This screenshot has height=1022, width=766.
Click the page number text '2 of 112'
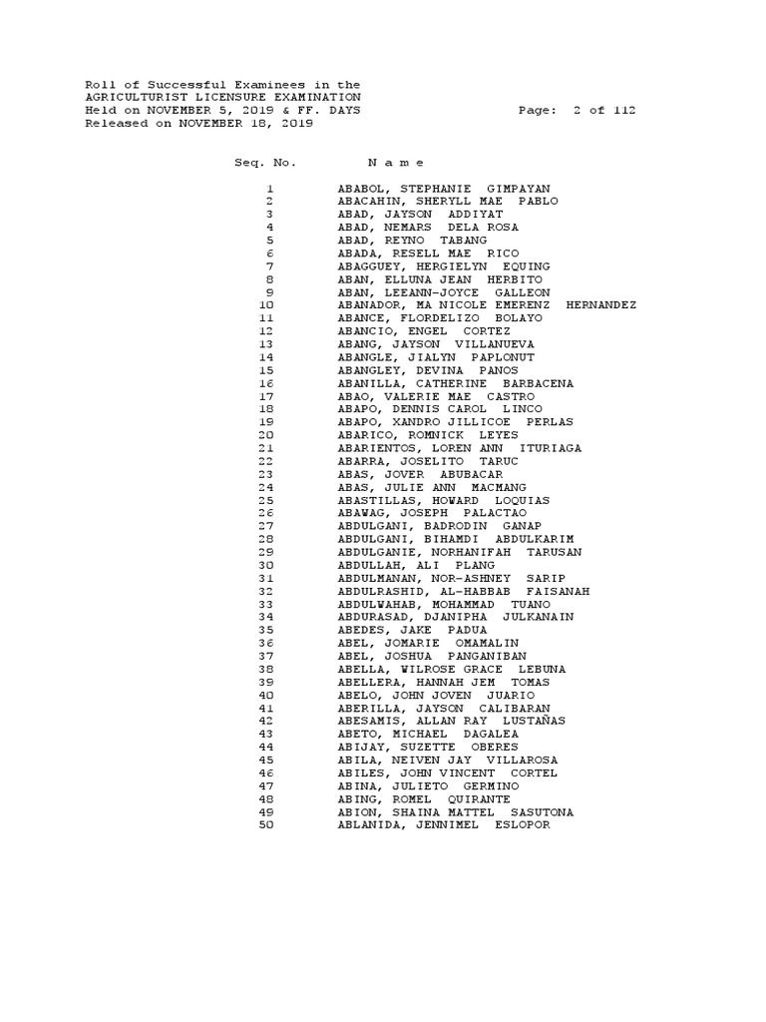604,111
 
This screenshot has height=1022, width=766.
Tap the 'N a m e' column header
396,163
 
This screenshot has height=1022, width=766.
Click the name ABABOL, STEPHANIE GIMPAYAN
444,189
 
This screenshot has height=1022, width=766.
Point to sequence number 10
265,305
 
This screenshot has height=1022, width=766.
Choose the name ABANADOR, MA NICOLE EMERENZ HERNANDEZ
487,305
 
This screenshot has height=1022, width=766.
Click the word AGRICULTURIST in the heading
135,98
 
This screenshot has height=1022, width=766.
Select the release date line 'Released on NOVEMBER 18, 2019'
199,124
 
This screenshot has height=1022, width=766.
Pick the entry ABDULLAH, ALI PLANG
416,565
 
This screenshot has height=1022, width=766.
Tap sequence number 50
265,824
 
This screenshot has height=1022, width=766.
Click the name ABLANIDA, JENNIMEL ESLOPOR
444,824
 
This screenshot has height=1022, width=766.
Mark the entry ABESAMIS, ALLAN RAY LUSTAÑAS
452,721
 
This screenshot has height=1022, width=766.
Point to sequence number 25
265,500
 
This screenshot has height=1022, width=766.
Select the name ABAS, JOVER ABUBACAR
420,474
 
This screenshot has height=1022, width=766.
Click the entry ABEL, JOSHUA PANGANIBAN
436,656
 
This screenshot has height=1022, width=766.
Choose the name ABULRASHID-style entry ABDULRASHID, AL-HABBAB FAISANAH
464,591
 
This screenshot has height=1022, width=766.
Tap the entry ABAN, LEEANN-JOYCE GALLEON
444,292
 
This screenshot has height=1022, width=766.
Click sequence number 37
265,656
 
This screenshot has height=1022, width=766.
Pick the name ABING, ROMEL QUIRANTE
424,798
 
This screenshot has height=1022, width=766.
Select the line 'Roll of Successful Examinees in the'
223,85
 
